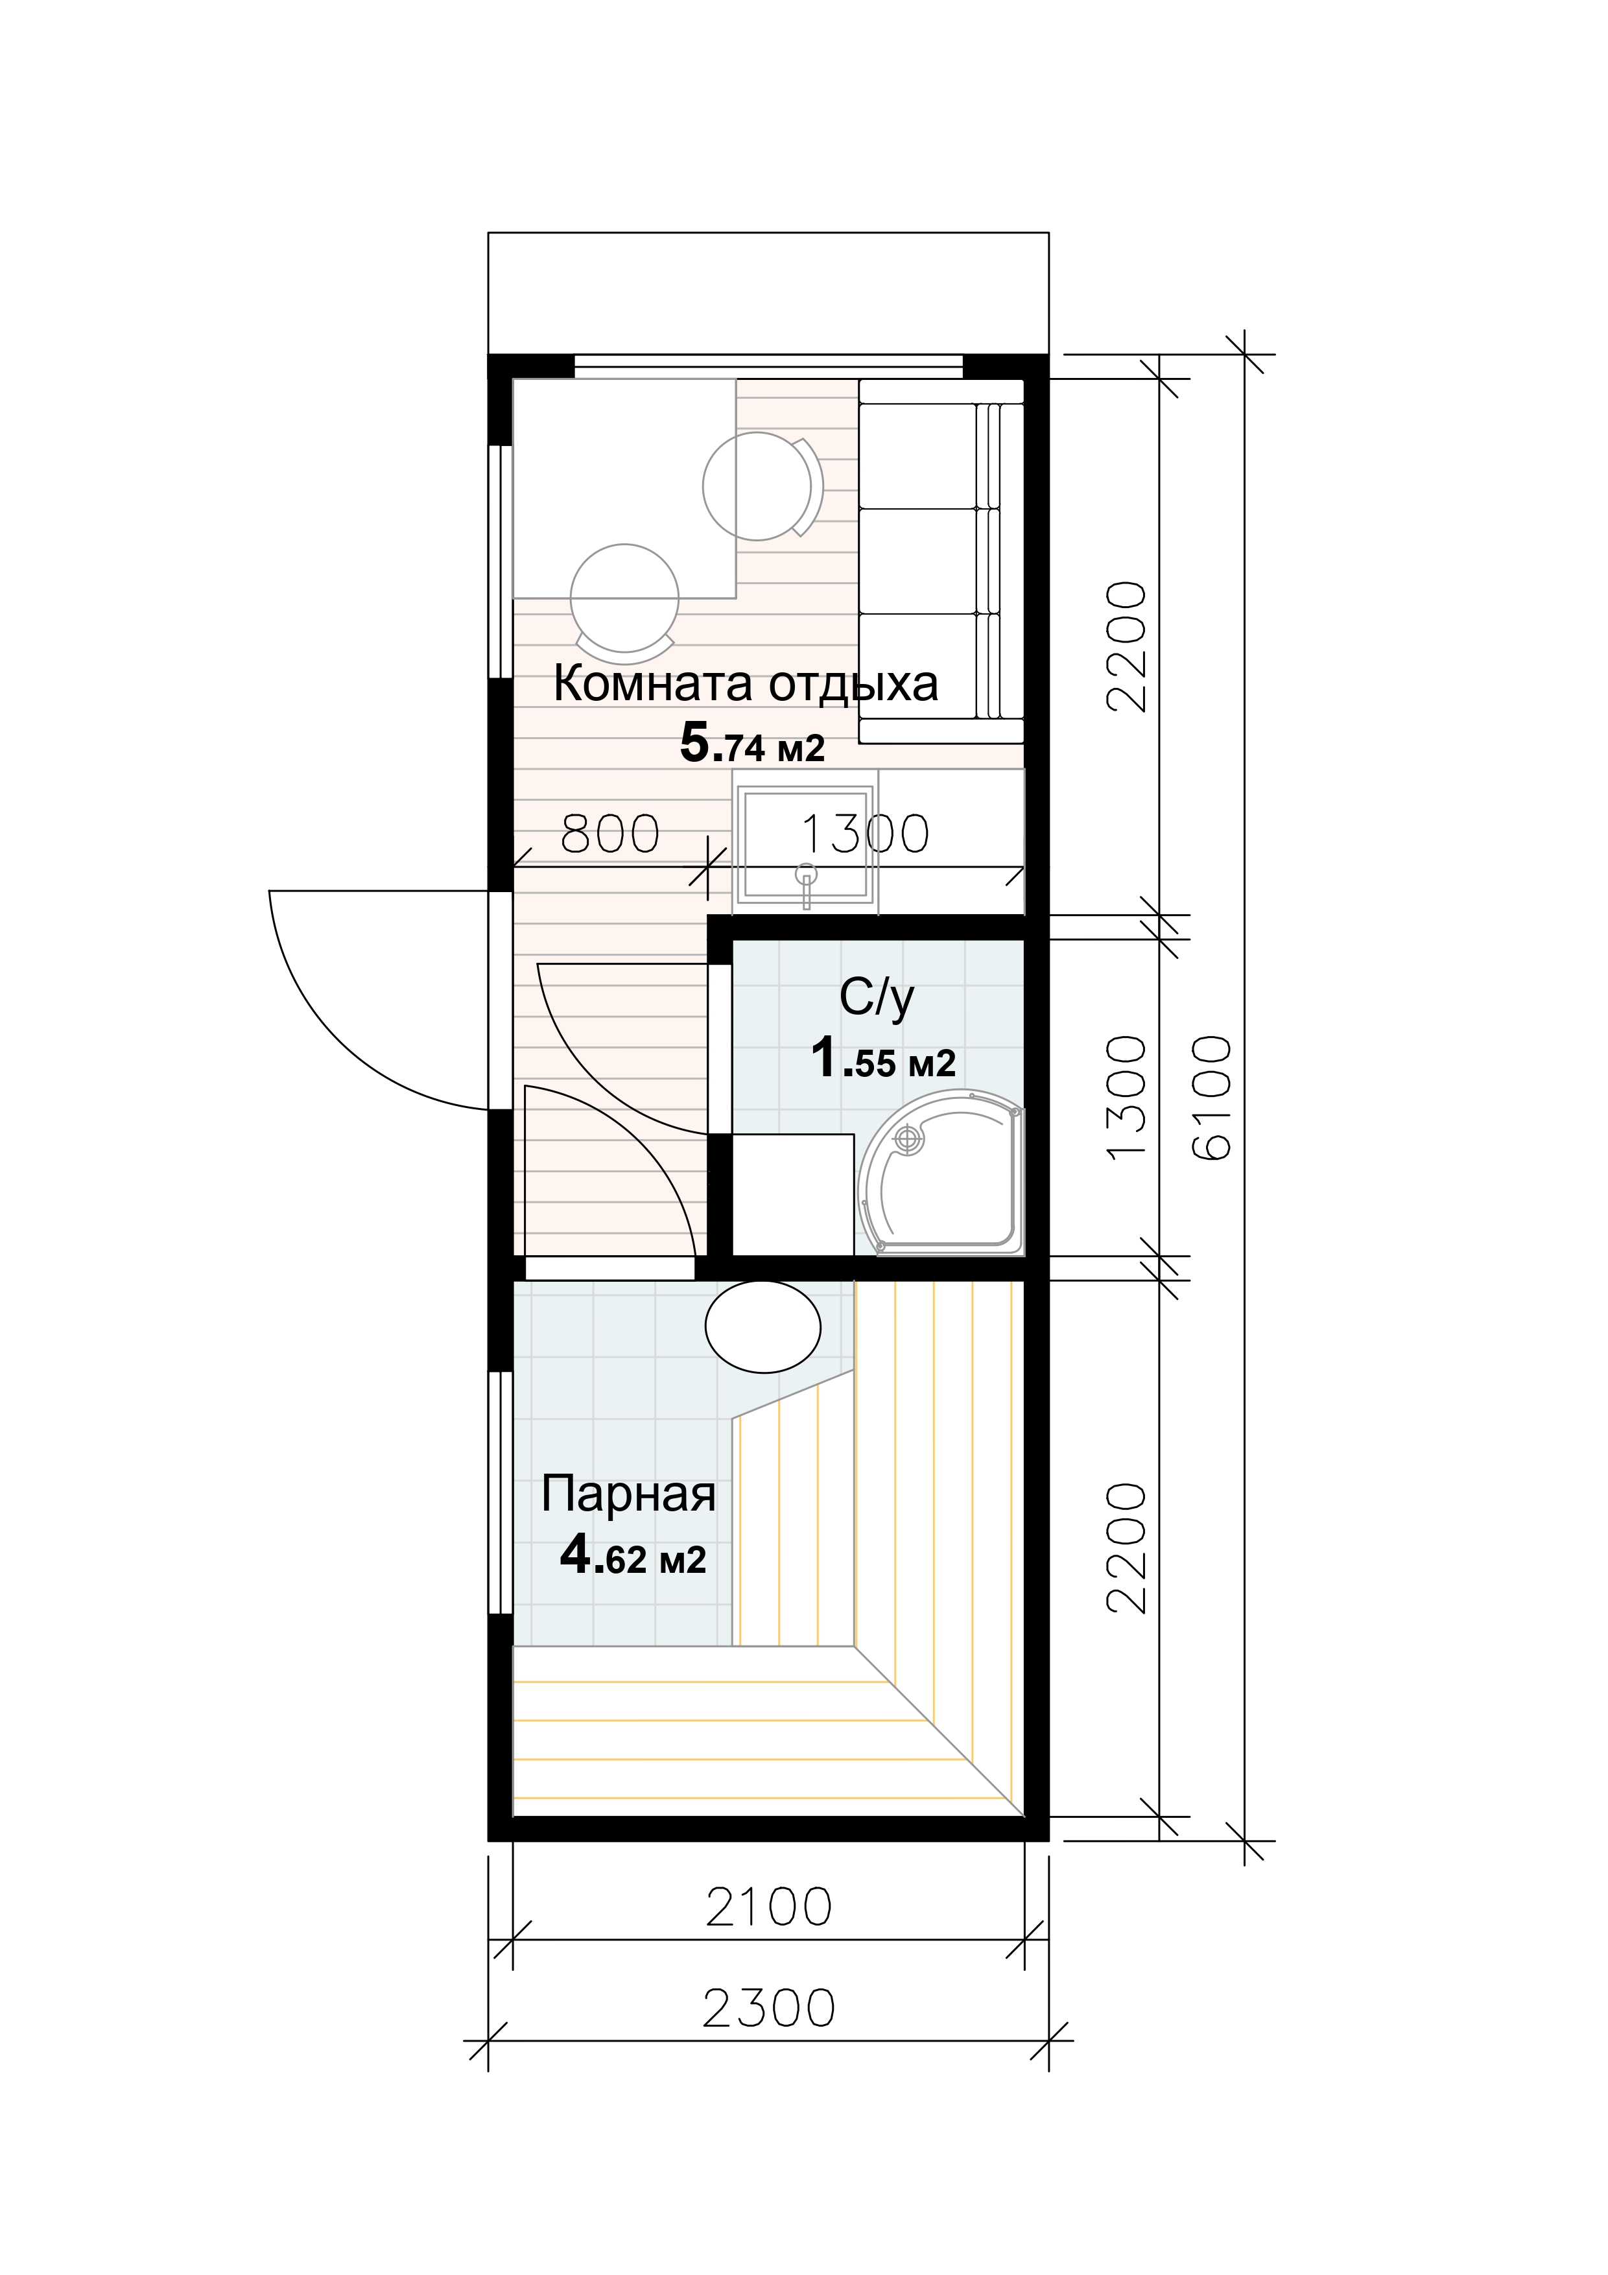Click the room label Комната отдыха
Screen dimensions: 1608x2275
745,685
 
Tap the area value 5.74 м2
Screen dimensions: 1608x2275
752,743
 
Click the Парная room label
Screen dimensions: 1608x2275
628,1495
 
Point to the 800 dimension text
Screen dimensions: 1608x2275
610,834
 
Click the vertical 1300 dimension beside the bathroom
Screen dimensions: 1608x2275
1126,1096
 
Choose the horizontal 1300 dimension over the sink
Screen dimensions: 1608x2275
864,834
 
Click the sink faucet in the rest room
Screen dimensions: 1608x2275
807,885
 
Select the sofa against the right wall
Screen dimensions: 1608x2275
940,561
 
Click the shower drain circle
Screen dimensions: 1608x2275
906,1142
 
